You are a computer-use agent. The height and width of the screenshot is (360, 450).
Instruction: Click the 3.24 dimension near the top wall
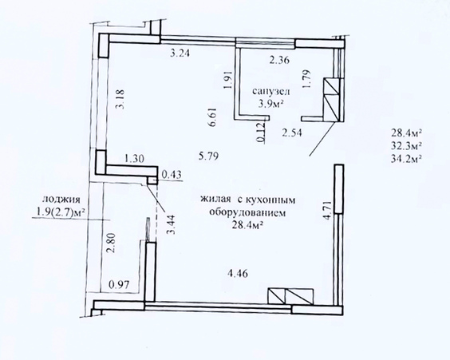point(180,53)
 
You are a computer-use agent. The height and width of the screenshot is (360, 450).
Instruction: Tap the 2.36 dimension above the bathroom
point(279,61)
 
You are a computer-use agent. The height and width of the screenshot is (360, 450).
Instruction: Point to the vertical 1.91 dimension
point(228,79)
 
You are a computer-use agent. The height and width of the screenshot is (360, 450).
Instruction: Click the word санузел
point(271,91)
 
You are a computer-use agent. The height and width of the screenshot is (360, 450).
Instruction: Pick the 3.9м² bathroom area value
point(271,103)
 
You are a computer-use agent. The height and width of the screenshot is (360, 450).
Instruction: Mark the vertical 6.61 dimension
point(213,117)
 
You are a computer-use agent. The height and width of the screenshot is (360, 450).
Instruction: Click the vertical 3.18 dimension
point(120,99)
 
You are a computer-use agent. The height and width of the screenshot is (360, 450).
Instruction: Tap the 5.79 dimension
point(209,156)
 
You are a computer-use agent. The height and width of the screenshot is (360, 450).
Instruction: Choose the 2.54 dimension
point(292,133)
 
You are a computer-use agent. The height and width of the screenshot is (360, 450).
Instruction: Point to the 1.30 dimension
point(134,159)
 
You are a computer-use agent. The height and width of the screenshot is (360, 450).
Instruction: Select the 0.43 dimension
point(172,174)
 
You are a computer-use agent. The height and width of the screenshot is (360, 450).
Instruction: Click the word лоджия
point(61,200)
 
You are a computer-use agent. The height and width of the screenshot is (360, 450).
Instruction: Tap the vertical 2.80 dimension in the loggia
point(111,243)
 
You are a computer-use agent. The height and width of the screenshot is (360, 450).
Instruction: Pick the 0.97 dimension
point(119,285)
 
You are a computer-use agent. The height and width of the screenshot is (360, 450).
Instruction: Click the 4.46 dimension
point(237,273)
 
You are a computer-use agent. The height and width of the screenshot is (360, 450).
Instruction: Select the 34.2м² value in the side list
point(406,158)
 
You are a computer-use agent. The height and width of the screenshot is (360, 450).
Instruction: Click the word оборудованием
point(247,213)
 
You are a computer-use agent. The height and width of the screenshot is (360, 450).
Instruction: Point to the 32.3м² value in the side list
point(406,145)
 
